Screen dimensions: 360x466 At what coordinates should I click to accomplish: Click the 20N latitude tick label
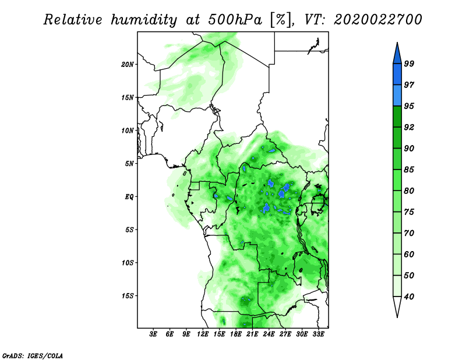click(x=128, y=64)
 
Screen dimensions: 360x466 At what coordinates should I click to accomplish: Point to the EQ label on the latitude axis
click(x=129, y=197)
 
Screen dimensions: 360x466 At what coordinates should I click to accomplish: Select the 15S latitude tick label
click(x=128, y=296)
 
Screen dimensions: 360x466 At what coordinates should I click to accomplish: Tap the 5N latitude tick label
click(x=129, y=164)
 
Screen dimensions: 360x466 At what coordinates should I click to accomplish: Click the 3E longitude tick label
click(x=153, y=334)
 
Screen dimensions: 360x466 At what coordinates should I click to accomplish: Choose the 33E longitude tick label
click(x=319, y=334)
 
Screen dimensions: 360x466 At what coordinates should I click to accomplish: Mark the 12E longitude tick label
click(x=203, y=334)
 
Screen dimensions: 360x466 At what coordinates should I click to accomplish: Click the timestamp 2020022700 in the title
click(x=377, y=20)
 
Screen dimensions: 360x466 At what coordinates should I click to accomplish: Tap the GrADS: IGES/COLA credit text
click(x=33, y=355)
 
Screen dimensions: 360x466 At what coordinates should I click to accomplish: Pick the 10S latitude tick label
click(x=128, y=263)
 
